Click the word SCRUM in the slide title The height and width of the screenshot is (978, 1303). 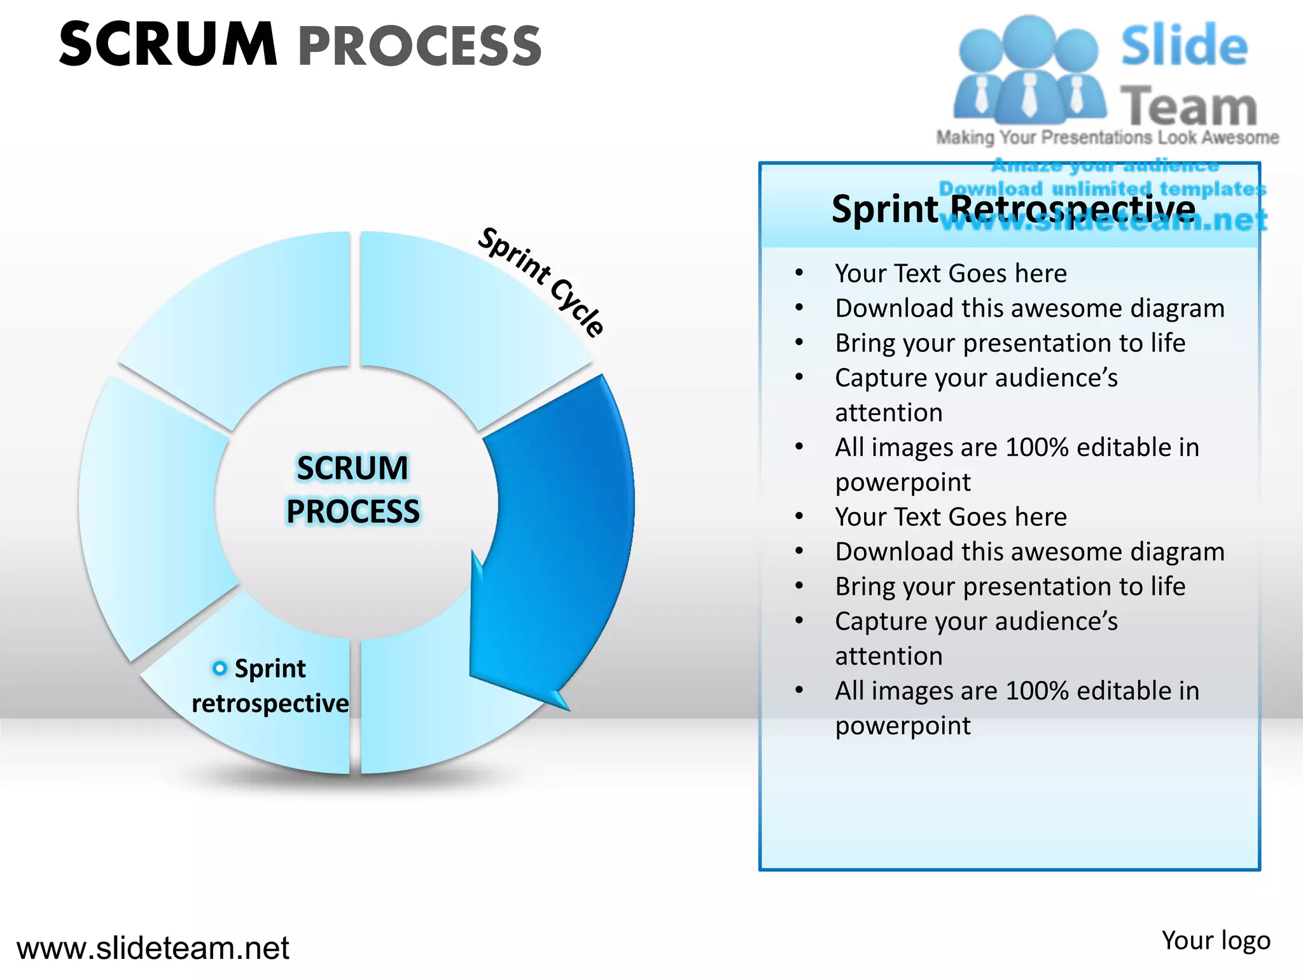coord(168,45)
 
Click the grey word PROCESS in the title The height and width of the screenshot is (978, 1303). coord(420,46)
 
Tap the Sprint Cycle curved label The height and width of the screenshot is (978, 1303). coord(541,281)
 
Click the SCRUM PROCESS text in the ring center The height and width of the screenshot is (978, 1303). coord(353,490)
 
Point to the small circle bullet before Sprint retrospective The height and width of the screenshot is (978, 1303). coord(219,668)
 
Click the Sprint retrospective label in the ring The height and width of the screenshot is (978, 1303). coord(270,686)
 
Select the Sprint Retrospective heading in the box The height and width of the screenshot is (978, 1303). coord(1013,208)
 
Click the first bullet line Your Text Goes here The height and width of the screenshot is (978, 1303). coord(951,273)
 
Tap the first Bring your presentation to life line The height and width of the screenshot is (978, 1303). coord(1010,343)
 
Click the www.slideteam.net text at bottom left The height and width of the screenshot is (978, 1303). coord(153,947)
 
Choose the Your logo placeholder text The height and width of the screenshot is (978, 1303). coord(1215,940)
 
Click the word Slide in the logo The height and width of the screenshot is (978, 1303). coord(1183,46)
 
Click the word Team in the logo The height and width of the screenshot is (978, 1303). coord(1188,106)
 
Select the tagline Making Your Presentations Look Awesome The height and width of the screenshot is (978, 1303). coord(1107,138)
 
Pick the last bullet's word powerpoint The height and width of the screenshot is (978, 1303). coord(903,725)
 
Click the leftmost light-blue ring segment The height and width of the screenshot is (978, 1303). coord(153,509)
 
